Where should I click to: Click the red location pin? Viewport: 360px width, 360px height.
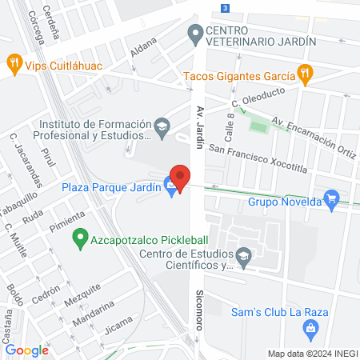(x=180, y=177)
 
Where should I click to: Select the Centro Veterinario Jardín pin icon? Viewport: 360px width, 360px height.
(x=194, y=34)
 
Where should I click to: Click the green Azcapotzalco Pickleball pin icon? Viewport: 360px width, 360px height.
(x=80, y=237)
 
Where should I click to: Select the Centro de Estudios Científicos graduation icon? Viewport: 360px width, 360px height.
(x=245, y=256)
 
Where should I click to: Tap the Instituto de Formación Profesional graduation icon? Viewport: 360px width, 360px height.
(x=162, y=126)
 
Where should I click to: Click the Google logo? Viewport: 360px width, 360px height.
(x=26, y=350)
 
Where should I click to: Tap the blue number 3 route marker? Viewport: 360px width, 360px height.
(x=226, y=8)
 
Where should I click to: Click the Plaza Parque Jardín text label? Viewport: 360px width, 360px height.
(x=112, y=187)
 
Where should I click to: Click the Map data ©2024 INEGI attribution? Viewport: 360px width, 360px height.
(x=312, y=354)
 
